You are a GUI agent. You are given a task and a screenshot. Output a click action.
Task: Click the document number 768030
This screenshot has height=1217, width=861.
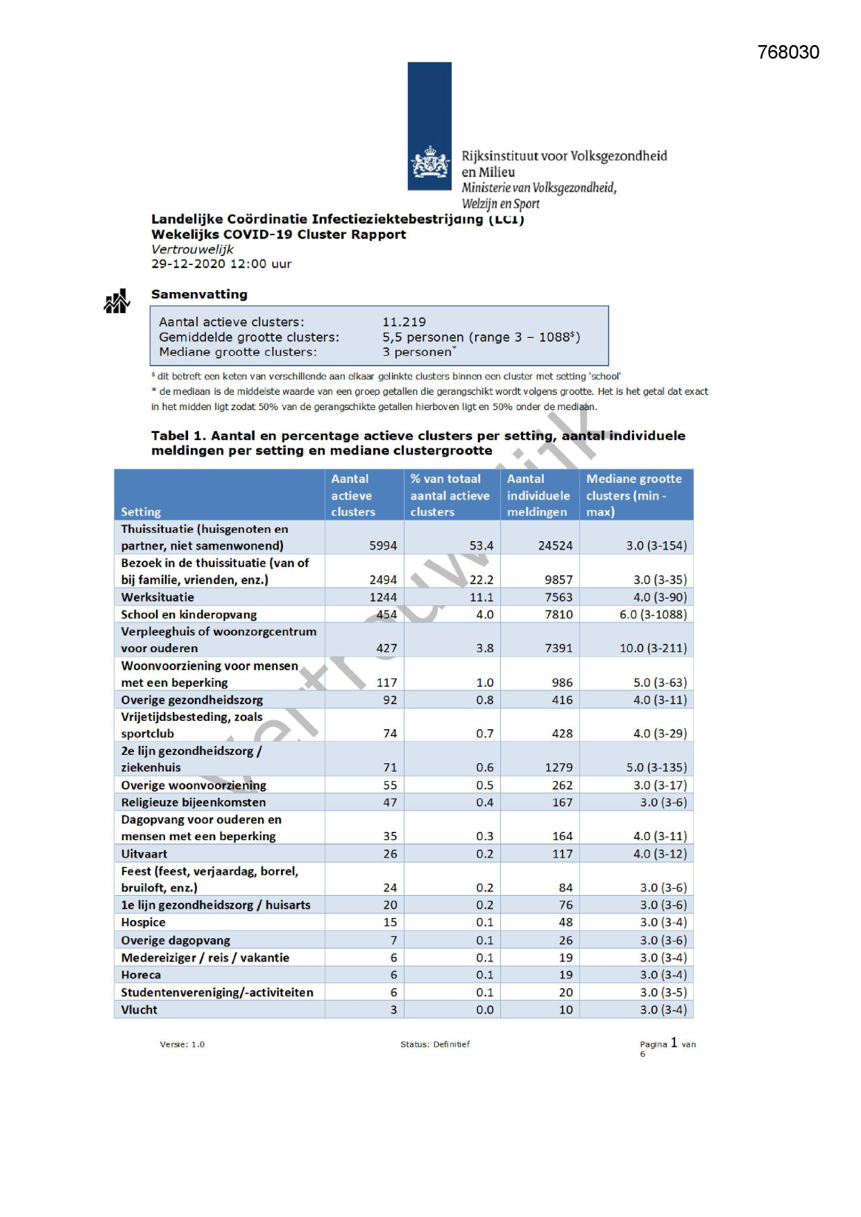(x=788, y=53)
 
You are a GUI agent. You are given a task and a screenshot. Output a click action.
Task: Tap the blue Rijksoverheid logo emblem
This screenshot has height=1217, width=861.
(x=429, y=126)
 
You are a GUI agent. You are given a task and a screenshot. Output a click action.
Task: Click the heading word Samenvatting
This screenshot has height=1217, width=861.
(x=199, y=294)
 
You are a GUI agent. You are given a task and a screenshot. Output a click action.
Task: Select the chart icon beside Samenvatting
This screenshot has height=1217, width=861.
(x=117, y=302)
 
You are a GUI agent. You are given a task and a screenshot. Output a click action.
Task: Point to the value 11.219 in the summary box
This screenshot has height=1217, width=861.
(x=404, y=322)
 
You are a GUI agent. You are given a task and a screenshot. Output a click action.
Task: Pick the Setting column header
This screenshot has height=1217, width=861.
(x=141, y=512)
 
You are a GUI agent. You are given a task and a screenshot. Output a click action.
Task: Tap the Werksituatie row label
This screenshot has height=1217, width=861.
(x=157, y=597)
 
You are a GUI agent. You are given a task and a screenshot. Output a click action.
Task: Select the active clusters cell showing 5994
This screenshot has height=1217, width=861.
(x=383, y=545)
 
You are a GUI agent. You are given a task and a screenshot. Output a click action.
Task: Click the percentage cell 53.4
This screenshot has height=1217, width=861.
(x=481, y=545)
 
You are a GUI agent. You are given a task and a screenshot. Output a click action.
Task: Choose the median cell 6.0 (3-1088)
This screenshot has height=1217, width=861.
(x=653, y=615)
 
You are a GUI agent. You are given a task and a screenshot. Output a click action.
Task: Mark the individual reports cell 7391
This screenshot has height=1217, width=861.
(x=559, y=648)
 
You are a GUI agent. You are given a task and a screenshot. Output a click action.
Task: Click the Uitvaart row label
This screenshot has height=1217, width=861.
(x=144, y=854)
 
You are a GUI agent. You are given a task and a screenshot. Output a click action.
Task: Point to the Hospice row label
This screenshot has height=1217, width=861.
(x=143, y=922)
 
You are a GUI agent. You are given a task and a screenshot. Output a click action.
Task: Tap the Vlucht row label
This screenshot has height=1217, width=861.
(x=139, y=1010)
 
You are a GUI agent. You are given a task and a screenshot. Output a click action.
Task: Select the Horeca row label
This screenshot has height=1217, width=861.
(x=141, y=975)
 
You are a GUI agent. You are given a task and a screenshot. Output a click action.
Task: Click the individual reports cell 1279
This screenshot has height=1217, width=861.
(x=559, y=767)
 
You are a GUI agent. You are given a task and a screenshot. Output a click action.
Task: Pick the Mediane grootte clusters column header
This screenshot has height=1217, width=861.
(x=633, y=495)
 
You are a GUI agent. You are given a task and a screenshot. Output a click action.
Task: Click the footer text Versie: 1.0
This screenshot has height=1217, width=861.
(x=182, y=1044)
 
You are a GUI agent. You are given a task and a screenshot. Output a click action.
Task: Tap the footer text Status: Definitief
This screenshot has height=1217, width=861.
(x=435, y=1044)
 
